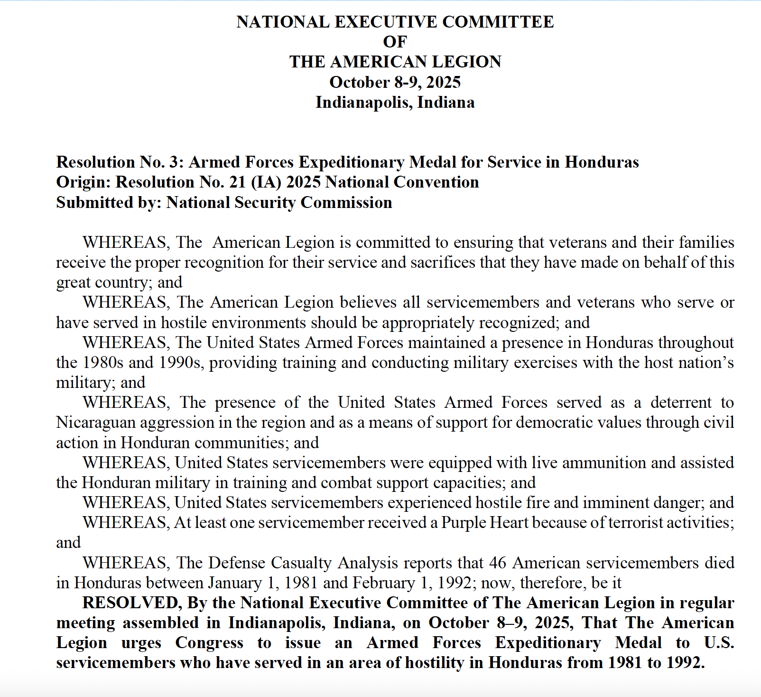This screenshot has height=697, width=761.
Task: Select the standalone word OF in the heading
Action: coord(395,42)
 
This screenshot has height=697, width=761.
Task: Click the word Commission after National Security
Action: coord(346,203)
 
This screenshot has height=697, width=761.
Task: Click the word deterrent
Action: coord(681,403)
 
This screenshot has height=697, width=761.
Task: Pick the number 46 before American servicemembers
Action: coord(498,563)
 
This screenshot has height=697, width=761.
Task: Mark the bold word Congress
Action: coord(209,643)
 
